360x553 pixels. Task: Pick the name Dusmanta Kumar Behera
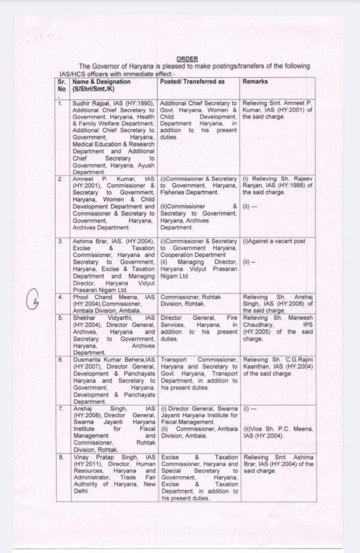click(x=108, y=359)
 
